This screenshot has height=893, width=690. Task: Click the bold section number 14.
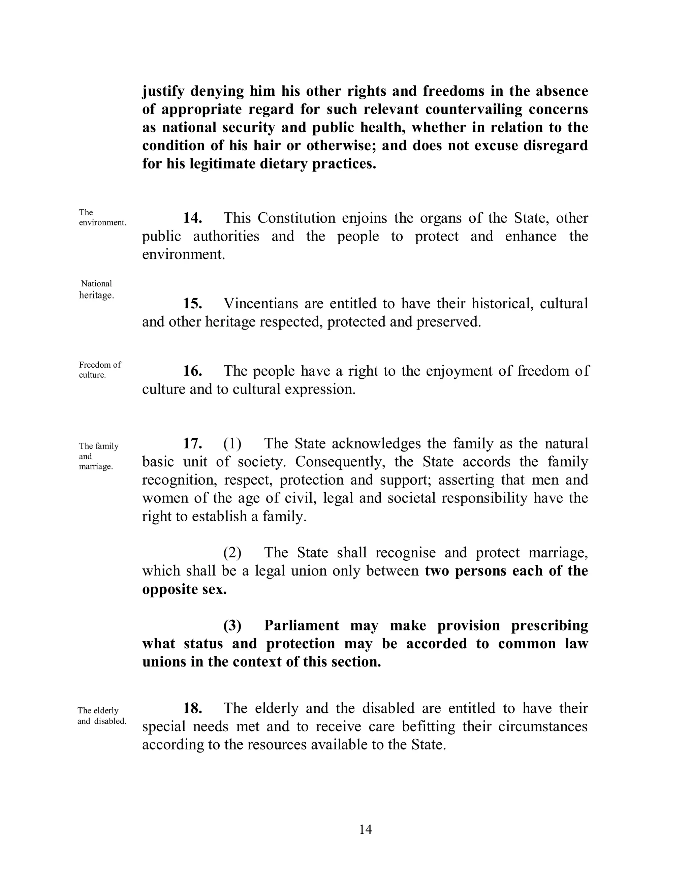click(x=192, y=218)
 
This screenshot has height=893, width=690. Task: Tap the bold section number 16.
click(x=192, y=371)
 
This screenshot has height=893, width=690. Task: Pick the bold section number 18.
click(x=192, y=708)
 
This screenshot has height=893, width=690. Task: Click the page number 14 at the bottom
click(x=365, y=829)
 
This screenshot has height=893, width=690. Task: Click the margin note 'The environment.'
click(x=102, y=218)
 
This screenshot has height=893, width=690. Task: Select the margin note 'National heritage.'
click(x=96, y=289)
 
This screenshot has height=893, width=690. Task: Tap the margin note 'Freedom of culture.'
click(x=100, y=370)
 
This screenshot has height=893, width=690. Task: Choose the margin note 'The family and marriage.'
click(x=98, y=456)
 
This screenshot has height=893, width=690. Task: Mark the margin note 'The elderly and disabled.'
click(x=101, y=715)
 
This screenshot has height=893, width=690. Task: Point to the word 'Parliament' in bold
click(x=301, y=625)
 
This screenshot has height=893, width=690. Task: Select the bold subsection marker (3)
click(x=232, y=625)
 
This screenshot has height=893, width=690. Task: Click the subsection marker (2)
click(x=232, y=552)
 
